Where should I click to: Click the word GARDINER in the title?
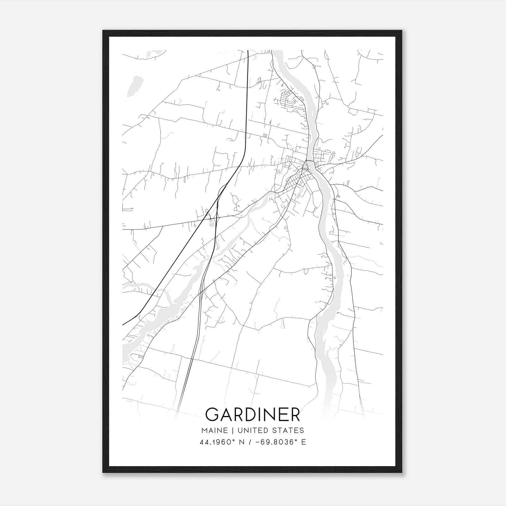[x=253, y=414]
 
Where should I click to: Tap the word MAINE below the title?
[x=214, y=430]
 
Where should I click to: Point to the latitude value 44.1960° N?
[x=221, y=442]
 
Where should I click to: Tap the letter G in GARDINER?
[x=213, y=414]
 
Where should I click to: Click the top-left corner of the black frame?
[x=103, y=31]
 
